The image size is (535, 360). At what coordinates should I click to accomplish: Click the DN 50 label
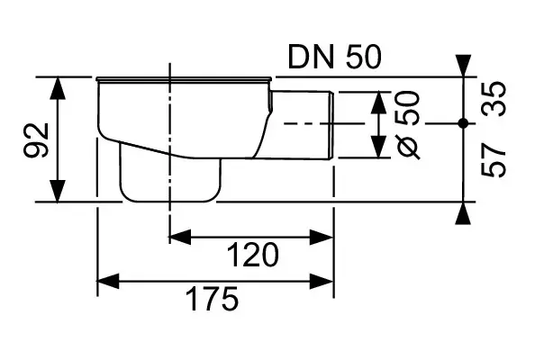[334, 57]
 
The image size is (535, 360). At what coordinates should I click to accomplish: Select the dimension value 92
[37, 139]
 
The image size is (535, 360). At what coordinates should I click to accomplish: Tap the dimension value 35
[494, 99]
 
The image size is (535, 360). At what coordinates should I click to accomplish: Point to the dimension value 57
[494, 160]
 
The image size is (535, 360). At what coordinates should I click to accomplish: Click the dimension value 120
[252, 255]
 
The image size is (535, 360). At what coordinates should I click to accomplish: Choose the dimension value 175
[213, 299]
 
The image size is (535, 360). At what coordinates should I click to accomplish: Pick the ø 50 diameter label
[408, 125]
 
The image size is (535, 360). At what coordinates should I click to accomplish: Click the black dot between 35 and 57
[463, 123]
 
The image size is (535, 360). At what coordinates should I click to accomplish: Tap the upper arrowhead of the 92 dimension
[58, 88]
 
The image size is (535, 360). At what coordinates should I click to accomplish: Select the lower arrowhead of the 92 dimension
[58, 191]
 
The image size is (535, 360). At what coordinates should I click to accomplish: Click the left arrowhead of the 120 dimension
[180, 237]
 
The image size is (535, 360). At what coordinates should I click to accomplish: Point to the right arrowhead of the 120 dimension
[322, 237]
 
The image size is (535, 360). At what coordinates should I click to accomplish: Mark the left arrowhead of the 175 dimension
[108, 281]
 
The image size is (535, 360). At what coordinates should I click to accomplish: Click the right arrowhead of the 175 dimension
[322, 281]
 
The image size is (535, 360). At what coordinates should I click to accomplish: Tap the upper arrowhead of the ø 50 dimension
[378, 103]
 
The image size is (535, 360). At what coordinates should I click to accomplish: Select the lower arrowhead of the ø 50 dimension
[378, 147]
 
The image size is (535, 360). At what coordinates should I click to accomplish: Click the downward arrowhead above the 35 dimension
[463, 66]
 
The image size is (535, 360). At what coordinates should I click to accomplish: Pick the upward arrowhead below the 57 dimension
[463, 213]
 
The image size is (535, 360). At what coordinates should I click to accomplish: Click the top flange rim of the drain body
[184, 79]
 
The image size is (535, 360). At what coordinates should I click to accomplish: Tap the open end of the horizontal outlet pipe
[331, 125]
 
